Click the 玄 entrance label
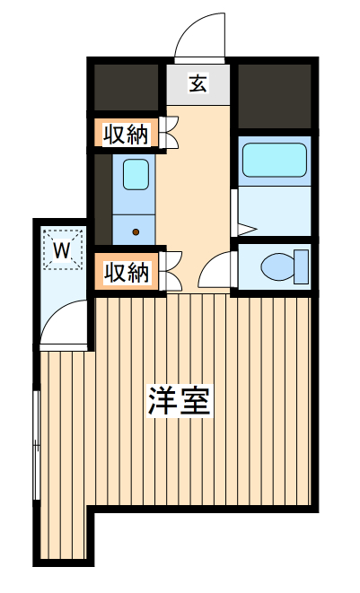pyautogui.click(x=198, y=84)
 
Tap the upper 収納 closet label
pyautogui.click(x=125, y=135)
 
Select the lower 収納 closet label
pyautogui.click(x=125, y=273)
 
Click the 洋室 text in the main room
pyautogui.click(x=180, y=401)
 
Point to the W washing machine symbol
pyautogui.click(x=61, y=250)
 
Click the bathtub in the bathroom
pyautogui.click(x=274, y=160)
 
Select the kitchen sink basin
pyautogui.click(x=136, y=173)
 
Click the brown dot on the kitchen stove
pyautogui.click(x=136, y=231)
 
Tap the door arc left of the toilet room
pyautogui.click(x=215, y=270)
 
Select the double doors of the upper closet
pyautogui.click(x=171, y=133)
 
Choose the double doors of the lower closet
pyautogui.click(x=171, y=271)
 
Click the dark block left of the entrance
pyautogui.click(x=127, y=87)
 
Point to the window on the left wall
pyautogui.click(x=36, y=444)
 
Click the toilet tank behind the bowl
pyautogui.click(x=302, y=266)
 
